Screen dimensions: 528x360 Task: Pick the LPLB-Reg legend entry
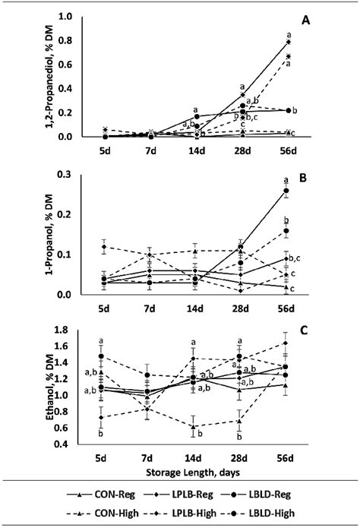[x=186, y=495]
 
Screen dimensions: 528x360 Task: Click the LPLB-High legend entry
[x=186, y=513]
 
